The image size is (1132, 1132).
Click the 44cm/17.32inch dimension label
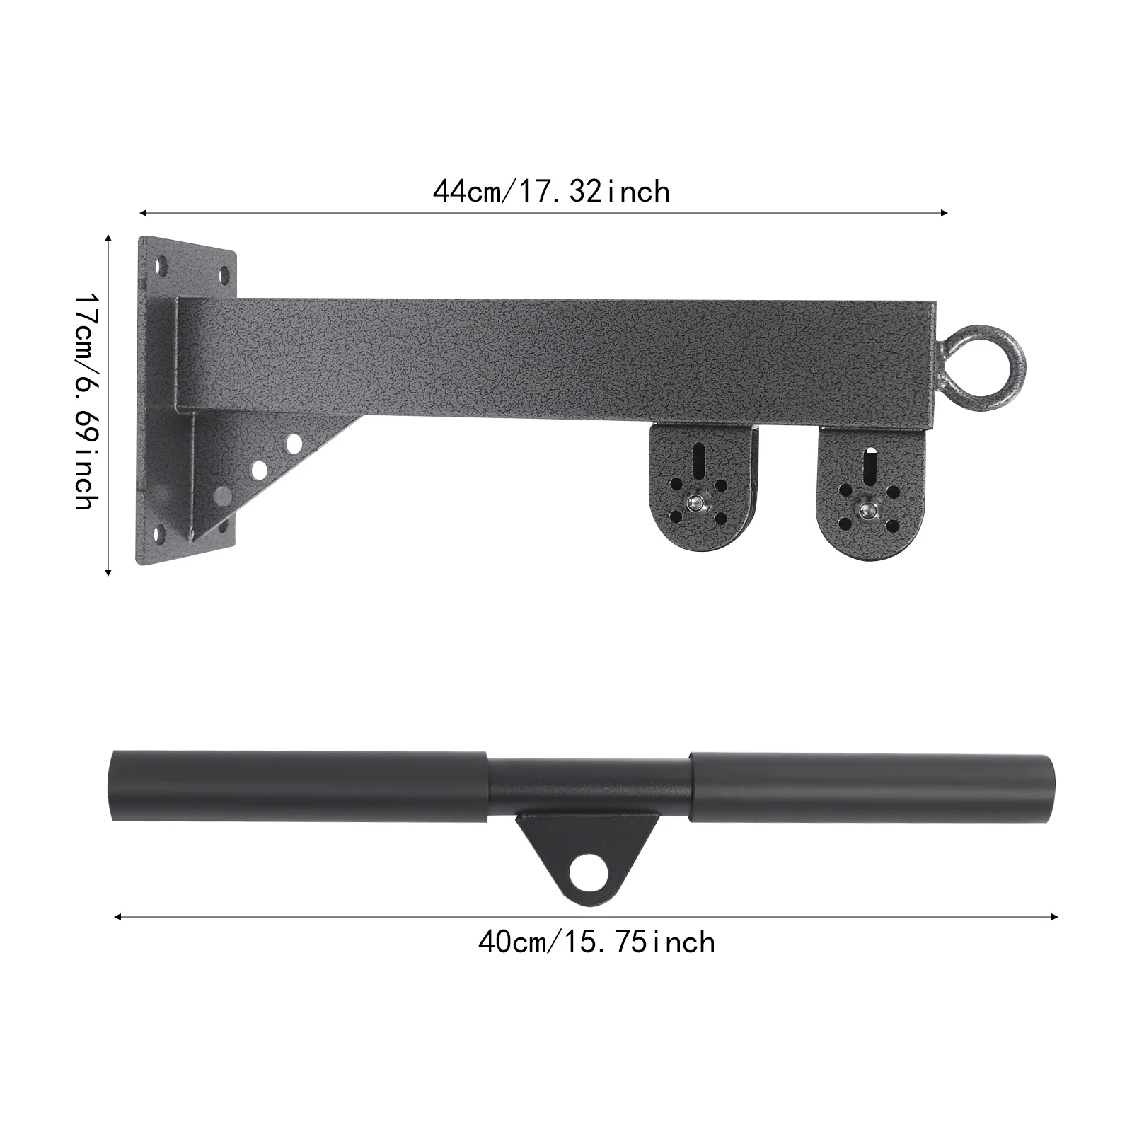pos(551,192)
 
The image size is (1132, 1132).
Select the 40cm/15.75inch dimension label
pos(596,942)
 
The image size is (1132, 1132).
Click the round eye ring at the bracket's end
pos(983,328)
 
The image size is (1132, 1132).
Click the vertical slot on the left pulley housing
pos(698,461)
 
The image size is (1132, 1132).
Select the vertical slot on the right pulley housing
pos(867,467)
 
